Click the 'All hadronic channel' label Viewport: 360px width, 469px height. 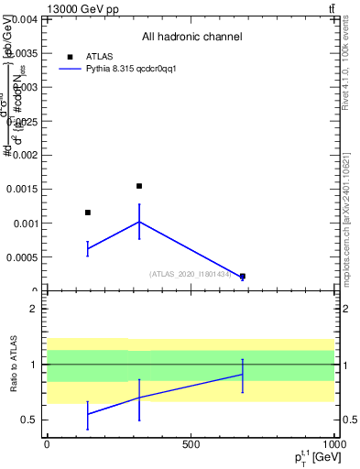point(191,38)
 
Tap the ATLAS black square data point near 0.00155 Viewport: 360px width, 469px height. point(139,186)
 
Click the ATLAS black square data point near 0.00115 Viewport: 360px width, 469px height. point(88,213)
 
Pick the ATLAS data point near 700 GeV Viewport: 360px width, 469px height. point(243,276)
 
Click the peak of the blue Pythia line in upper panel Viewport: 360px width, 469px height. point(139,222)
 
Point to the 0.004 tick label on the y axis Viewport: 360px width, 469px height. point(24,19)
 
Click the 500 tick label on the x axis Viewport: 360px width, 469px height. point(190,444)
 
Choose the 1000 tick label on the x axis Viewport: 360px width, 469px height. point(333,444)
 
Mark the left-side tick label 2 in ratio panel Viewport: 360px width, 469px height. point(34,310)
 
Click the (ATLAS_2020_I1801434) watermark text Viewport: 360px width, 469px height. point(191,273)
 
